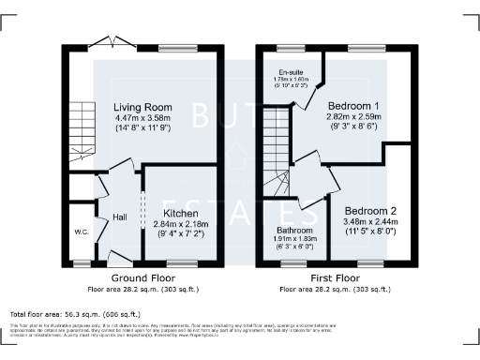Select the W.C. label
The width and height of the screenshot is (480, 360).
[x=82, y=231]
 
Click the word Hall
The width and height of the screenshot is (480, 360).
[x=120, y=217]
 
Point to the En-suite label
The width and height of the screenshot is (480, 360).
[x=291, y=71]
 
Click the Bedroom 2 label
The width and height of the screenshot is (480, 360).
[x=368, y=211]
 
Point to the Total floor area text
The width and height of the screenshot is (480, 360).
[x=74, y=313]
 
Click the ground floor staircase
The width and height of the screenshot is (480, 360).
[x=82, y=131]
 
